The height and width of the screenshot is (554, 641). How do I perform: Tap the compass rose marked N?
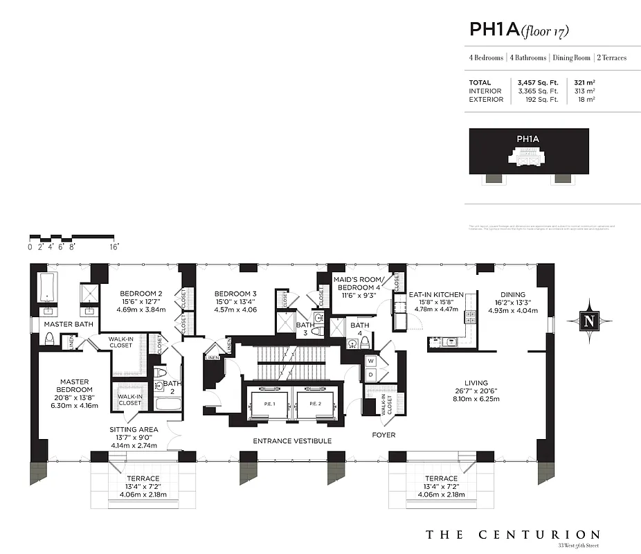589,321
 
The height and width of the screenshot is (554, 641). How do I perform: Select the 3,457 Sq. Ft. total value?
537,82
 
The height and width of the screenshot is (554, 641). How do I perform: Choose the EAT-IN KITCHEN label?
435,294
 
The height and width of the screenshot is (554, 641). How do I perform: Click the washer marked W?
370,361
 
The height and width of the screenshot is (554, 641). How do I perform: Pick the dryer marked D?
370,374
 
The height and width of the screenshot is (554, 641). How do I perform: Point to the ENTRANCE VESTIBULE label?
291,441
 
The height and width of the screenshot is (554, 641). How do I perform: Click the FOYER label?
383,435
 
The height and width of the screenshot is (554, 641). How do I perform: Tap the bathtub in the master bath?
48,288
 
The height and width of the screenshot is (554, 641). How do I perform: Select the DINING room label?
513,294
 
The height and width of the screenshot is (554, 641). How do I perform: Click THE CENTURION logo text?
512,535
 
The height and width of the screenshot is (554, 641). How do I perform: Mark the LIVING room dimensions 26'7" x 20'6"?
476,392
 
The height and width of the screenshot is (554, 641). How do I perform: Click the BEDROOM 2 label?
141,293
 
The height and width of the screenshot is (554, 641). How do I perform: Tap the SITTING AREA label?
134,429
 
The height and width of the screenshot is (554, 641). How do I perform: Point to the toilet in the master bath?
49,339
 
